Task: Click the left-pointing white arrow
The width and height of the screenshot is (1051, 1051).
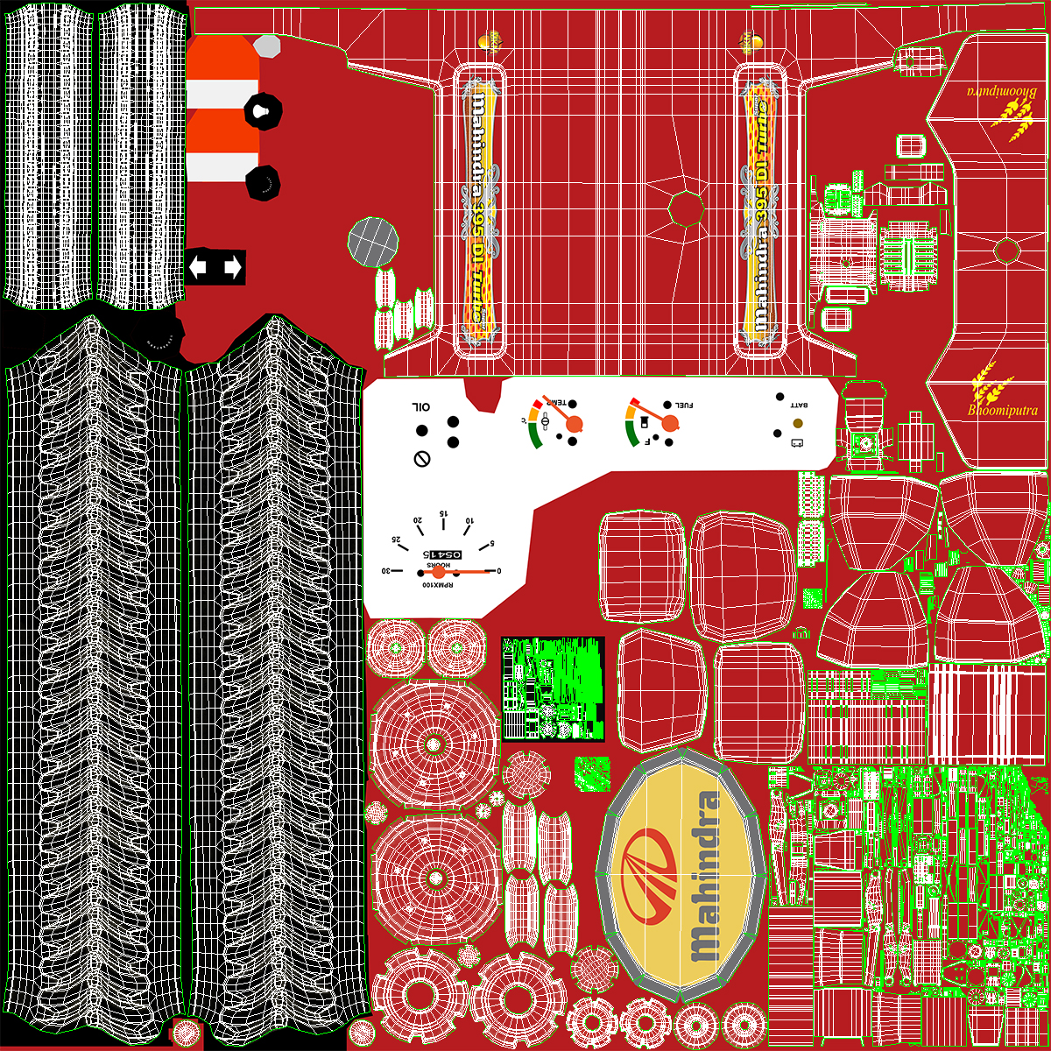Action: (x=199, y=266)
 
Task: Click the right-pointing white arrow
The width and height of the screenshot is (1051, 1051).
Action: (x=232, y=266)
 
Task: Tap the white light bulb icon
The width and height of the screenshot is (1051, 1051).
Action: (x=260, y=109)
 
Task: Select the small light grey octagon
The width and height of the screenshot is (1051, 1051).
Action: (x=267, y=46)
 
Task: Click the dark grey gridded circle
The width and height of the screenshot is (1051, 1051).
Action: (x=373, y=241)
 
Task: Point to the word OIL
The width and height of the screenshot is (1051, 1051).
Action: (x=421, y=407)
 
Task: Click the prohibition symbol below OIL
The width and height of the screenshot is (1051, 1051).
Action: (x=421, y=458)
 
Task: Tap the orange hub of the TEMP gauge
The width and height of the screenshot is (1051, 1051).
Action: (x=575, y=424)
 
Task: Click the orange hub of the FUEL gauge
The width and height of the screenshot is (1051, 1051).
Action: (x=670, y=424)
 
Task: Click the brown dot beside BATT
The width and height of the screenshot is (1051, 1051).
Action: (x=797, y=424)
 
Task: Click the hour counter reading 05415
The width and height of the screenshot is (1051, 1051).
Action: (x=443, y=555)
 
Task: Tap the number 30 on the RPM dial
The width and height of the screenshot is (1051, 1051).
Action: (x=384, y=571)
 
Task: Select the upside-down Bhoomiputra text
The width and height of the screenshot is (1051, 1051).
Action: (x=1003, y=90)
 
